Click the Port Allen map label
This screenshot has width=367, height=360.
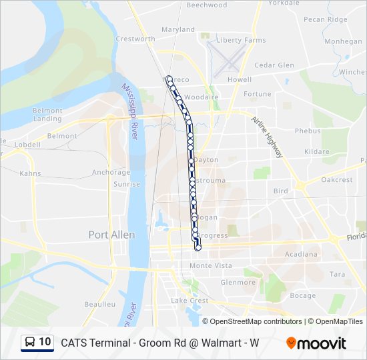click(111, 235)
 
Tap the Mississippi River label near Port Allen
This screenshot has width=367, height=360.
click(129, 112)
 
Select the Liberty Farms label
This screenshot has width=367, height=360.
click(242, 41)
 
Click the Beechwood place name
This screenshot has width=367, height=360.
click(207, 5)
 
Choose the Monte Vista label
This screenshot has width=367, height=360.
click(211, 265)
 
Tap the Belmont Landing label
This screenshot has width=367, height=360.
click(47, 115)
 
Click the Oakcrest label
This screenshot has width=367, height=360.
click(336, 180)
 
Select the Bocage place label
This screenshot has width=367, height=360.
click(303, 295)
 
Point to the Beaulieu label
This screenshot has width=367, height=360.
click(100, 304)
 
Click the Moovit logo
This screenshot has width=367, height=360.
click(316, 343)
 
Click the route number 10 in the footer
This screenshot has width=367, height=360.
click(45, 342)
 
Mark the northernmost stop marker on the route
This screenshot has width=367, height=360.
click(170, 79)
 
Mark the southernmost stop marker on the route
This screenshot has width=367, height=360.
click(198, 248)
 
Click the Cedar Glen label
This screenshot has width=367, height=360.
click(274, 65)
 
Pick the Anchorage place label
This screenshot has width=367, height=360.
click(111, 172)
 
